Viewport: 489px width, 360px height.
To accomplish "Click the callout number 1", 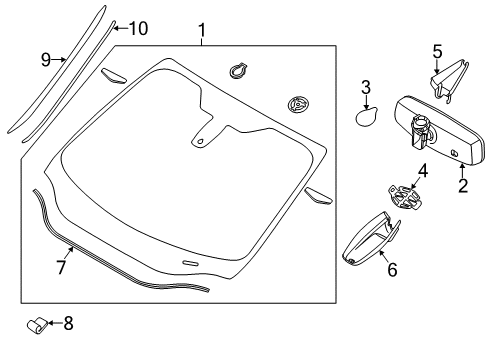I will [x=202, y=30].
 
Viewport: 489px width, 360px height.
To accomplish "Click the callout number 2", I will [x=462, y=186].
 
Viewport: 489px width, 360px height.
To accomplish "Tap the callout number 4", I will [x=423, y=171].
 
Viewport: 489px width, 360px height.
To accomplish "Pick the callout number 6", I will [x=392, y=268].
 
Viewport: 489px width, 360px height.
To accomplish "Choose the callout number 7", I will [x=60, y=267].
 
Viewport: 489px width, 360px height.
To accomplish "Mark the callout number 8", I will [x=69, y=323].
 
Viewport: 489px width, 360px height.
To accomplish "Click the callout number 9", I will [x=45, y=60].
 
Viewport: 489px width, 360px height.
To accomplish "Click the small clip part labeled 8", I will [x=38, y=324].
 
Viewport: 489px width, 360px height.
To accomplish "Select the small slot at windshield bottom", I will [x=190, y=262].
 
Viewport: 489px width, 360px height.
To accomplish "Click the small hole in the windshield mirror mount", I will [x=201, y=140].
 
